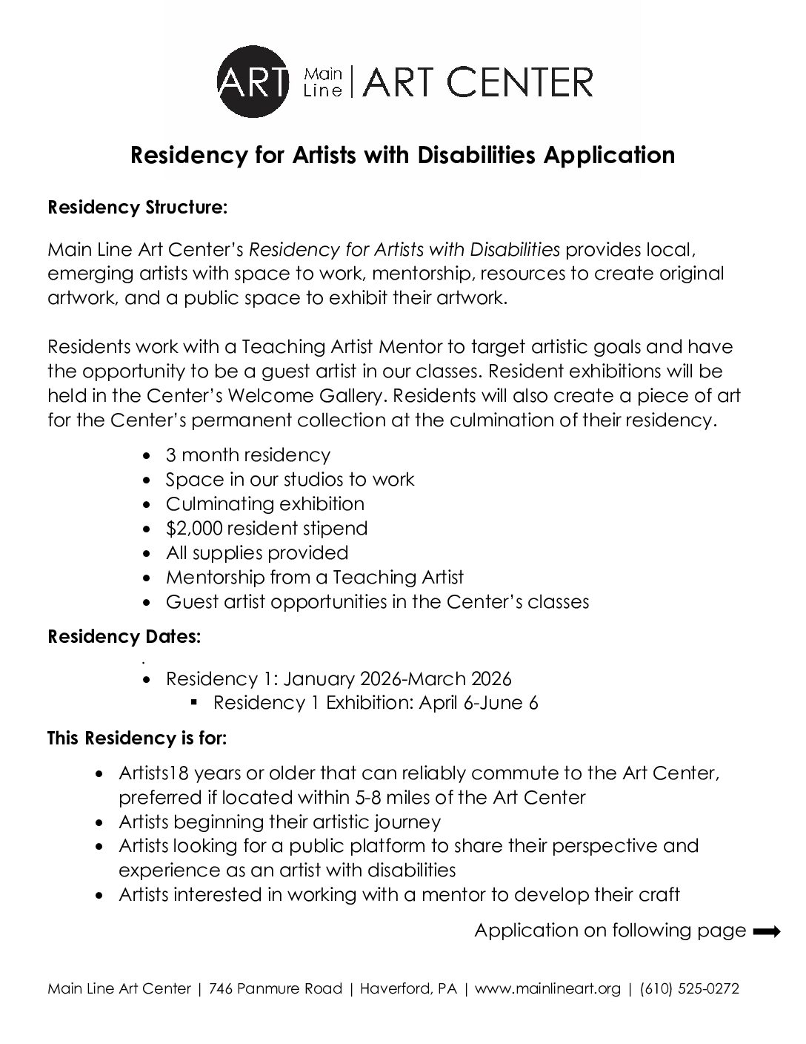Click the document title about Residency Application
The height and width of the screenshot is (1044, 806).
click(x=402, y=155)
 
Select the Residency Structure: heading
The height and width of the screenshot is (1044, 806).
click(x=137, y=208)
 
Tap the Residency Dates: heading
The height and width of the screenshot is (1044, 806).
click(x=124, y=637)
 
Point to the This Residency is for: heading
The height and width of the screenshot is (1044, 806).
click(x=137, y=739)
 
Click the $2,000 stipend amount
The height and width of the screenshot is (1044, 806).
click(x=193, y=529)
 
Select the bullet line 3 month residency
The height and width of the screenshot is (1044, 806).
click(x=247, y=455)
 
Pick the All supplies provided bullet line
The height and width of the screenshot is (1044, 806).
click(x=256, y=553)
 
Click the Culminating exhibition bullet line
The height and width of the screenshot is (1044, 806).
click(x=264, y=504)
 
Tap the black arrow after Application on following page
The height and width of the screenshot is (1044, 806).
click(x=766, y=932)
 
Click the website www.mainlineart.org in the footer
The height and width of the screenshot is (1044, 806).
click(x=547, y=989)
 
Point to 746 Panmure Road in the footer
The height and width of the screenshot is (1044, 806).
click(x=276, y=989)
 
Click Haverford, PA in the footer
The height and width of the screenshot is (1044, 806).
click(x=411, y=989)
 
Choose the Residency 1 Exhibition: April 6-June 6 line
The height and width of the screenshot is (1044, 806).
click(x=376, y=703)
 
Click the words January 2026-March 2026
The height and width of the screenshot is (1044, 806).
click(x=397, y=678)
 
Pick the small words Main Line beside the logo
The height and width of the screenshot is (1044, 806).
click(x=324, y=82)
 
